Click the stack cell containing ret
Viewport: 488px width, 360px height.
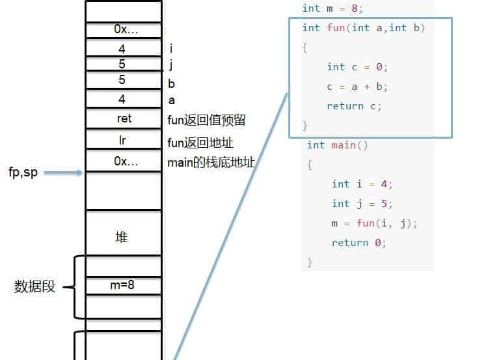124,118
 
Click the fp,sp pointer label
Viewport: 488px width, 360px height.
23,173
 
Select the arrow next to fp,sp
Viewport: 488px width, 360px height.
64,173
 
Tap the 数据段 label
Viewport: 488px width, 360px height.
34,286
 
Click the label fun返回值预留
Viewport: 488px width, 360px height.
206,120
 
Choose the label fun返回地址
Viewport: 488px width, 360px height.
200,143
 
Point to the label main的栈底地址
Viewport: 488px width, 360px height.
211,162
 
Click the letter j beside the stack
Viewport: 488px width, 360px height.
170,64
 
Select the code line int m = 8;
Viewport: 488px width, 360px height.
332,8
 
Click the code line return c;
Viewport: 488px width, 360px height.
354,106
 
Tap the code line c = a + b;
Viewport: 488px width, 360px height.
357,87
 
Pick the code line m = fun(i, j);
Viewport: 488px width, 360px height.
374,223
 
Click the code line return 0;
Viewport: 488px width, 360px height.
359,243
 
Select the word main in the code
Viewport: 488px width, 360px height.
344,145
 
